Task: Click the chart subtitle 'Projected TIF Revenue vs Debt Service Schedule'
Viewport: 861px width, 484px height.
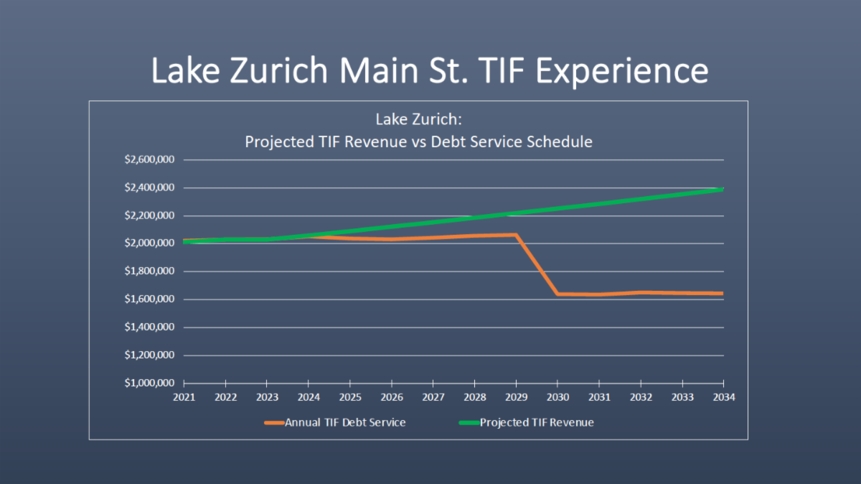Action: pos(418,141)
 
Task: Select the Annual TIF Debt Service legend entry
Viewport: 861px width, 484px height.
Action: pos(344,422)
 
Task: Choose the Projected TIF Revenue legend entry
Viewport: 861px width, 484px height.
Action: pos(537,422)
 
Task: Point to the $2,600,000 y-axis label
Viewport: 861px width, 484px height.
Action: pos(149,159)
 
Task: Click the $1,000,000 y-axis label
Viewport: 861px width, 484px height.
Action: pos(149,383)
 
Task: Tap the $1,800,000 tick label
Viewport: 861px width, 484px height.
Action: pos(149,271)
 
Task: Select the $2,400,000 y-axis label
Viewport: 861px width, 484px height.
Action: pos(149,187)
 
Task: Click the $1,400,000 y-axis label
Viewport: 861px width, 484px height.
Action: pos(149,327)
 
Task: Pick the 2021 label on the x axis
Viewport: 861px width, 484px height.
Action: pos(184,397)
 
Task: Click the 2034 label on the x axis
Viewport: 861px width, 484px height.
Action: pos(723,397)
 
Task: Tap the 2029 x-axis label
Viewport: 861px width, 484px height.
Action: pos(516,397)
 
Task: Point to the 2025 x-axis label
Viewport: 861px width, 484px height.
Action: pos(350,397)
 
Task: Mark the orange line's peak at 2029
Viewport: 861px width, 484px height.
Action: pos(516,235)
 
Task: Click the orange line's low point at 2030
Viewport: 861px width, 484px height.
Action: pos(557,294)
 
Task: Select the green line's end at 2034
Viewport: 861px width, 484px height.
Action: pos(722,190)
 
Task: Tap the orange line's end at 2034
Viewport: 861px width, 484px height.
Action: pos(722,293)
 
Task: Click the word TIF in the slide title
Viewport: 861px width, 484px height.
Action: pos(492,70)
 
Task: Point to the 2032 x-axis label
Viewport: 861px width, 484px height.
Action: pos(640,397)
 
